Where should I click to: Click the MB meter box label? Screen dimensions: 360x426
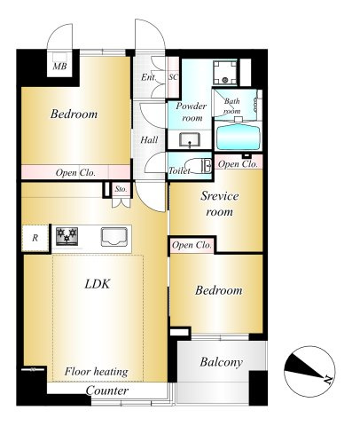(59, 67)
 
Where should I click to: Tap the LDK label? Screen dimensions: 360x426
(98, 284)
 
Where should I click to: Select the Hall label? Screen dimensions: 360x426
(149, 139)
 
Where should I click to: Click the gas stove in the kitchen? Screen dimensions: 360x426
(67, 236)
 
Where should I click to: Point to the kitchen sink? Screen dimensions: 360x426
(114, 237)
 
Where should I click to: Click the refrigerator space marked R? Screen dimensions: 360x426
(35, 238)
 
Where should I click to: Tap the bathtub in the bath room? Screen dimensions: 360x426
(239, 138)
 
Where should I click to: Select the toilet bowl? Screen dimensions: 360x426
(198, 166)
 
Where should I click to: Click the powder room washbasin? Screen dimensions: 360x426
(190, 139)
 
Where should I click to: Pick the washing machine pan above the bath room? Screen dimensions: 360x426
(225, 73)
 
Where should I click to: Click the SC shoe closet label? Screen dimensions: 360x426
(174, 77)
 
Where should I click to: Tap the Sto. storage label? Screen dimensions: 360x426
(121, 189)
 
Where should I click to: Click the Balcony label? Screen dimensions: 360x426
(221, 362)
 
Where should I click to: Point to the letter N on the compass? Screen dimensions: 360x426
(327, 379)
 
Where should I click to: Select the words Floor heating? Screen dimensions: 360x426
(97, 372)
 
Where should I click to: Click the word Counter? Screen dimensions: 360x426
(107, 390)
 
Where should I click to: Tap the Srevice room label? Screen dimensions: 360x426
(219, 204)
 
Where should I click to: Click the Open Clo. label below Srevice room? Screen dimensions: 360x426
(192, 245)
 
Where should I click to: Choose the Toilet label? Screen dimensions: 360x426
(179, 170)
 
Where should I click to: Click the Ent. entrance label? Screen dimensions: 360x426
(148, 77)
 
